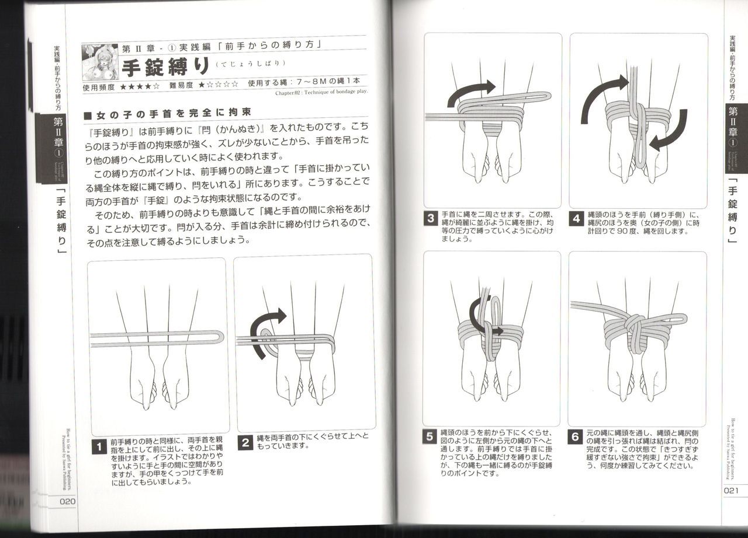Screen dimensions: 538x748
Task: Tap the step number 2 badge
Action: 246,442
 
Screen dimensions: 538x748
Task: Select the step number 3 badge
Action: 431,219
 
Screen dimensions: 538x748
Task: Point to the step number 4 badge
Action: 577,219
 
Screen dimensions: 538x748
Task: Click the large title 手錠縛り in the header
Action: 165,67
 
